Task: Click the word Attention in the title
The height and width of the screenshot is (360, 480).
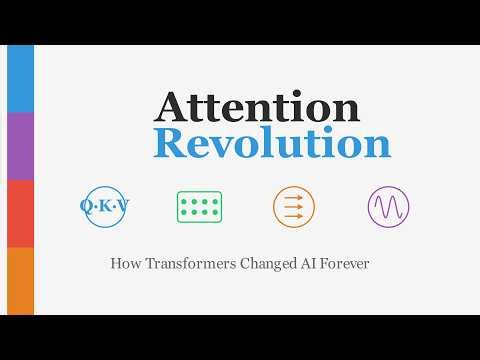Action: point(258,108)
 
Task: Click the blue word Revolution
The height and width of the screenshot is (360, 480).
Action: point(272,144)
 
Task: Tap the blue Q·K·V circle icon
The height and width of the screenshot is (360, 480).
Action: point(105,207)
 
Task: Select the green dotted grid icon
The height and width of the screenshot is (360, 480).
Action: point(199,207)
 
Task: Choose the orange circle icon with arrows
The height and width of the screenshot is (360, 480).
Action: point(293,207)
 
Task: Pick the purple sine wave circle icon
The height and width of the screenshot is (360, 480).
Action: point(388,207)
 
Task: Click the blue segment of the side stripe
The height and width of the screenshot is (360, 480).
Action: point(20,79)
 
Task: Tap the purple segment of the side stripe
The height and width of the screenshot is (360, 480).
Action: point(20,146)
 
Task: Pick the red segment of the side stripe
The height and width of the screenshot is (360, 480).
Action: point(20,213)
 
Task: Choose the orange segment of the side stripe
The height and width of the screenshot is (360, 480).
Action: point(20,281)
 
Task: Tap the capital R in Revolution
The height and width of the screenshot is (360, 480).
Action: point(171,144)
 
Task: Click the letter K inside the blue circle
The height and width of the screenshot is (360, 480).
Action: point(105,207)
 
